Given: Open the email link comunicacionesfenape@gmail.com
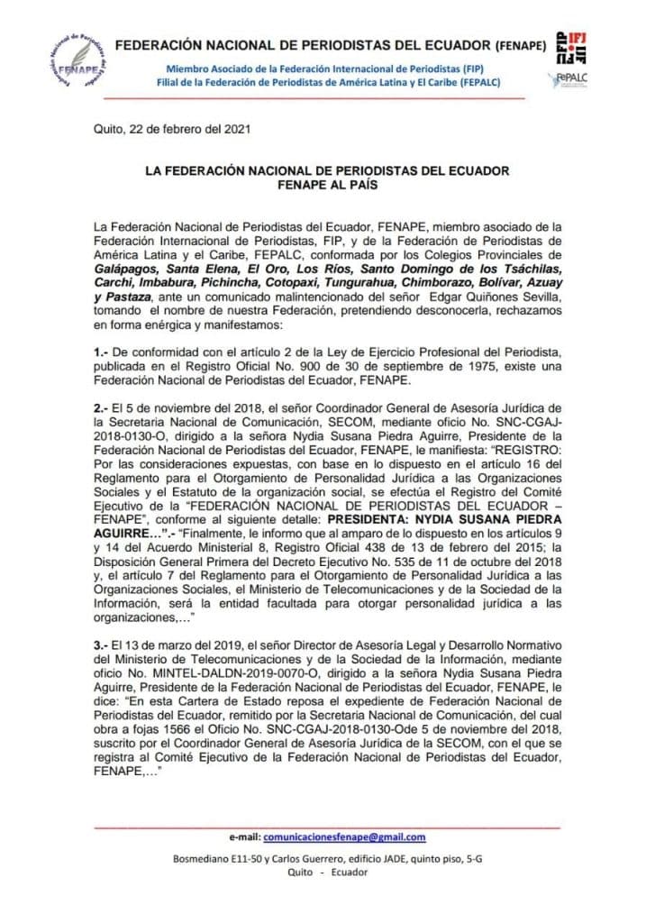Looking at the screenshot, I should pyautogui.click(x=350, y=837).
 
